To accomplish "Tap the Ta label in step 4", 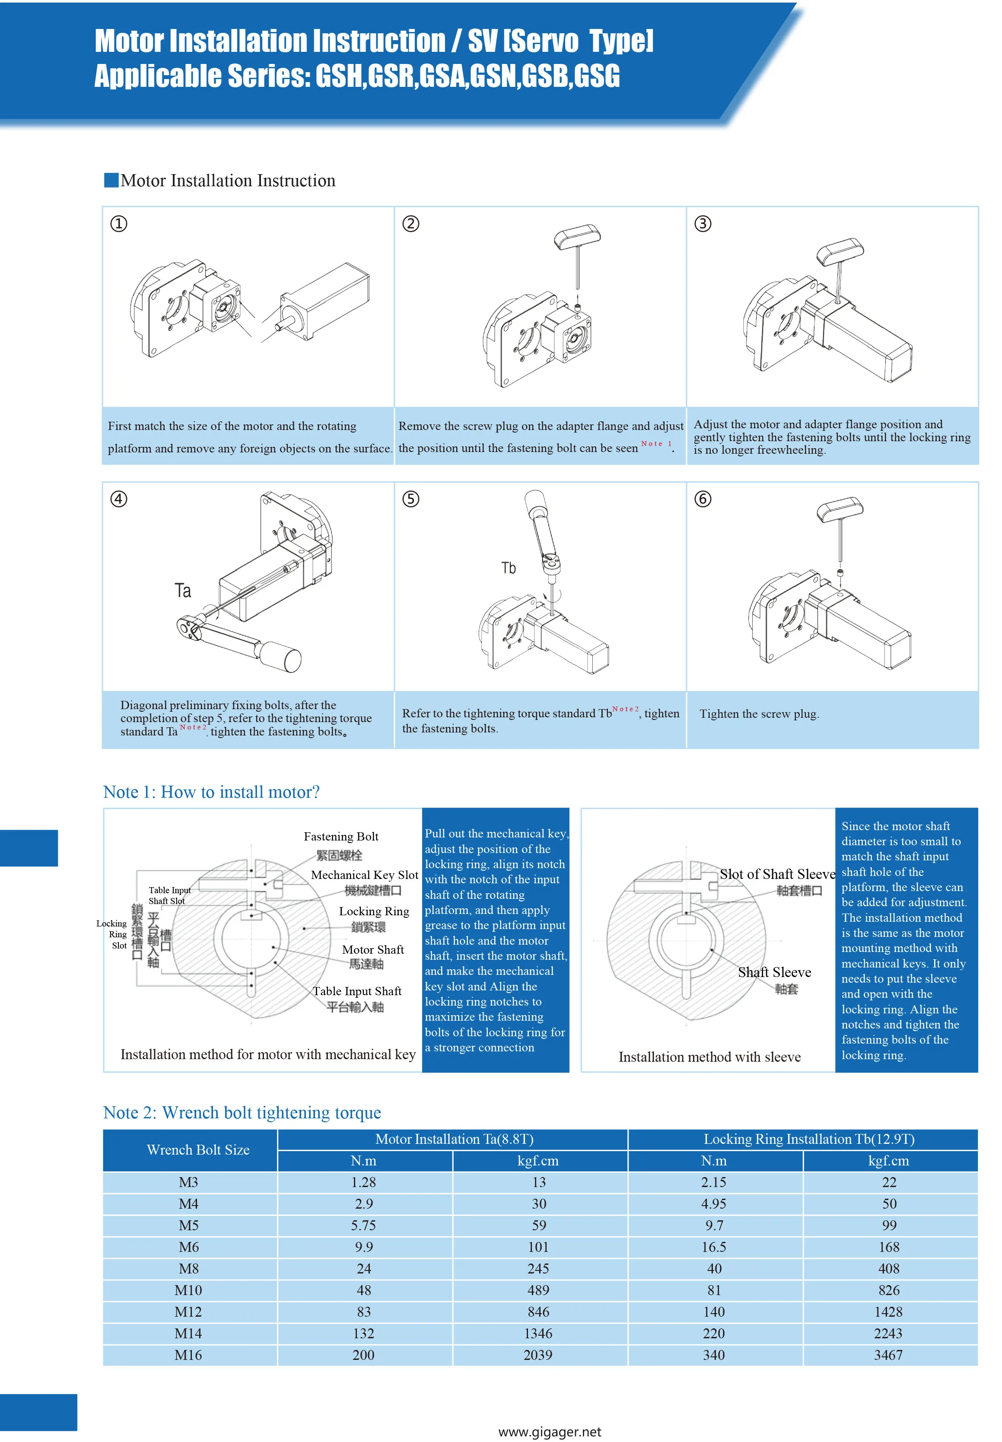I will click(x=183, y=591).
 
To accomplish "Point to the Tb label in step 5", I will click(x=509, y=568).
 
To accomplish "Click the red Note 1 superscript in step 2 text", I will click(x=656, y=444).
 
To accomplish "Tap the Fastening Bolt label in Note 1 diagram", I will click(x=341, y=836).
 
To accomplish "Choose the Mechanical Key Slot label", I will click(x=364, y=875).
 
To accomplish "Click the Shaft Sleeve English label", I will click(x=774, y=972).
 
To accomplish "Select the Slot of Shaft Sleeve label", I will click(x=777, y=874).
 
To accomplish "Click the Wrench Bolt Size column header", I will click(x=198, y=1149).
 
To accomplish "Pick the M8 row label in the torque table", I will click(x=188, y=1268).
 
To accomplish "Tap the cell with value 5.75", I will click(x=363, y=1225).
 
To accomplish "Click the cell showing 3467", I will click(x=888, y=1354).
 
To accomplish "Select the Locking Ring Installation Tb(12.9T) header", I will click(x=808, y=1139).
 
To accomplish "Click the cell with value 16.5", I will click(x=714, y=1247).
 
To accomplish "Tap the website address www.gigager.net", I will click(x=549, y=1431).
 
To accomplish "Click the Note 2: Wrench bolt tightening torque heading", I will click(x=242, y=1112).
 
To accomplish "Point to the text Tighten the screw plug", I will click(x=759, y=714).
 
